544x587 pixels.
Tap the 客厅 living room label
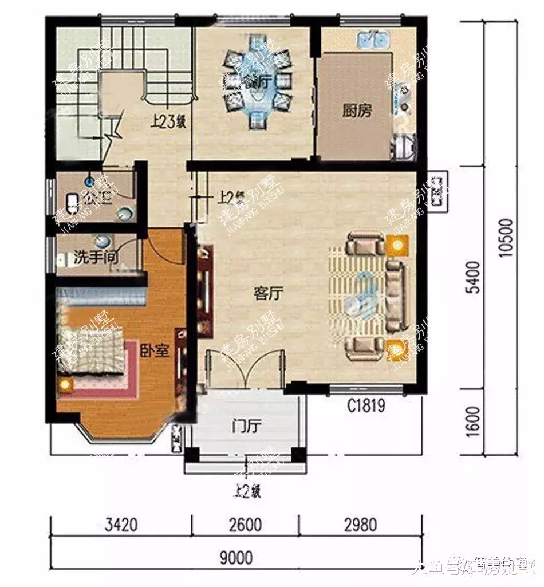coord(269,294)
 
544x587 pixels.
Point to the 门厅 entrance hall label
coord(247,427)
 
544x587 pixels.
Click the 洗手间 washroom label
coord(96,258)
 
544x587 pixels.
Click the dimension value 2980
coord(360,525)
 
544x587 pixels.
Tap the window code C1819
coord(365,406)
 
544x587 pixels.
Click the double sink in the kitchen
coord(373,41)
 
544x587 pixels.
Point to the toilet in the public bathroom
coord(72,203)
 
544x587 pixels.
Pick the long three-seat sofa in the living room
coord(396,294)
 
